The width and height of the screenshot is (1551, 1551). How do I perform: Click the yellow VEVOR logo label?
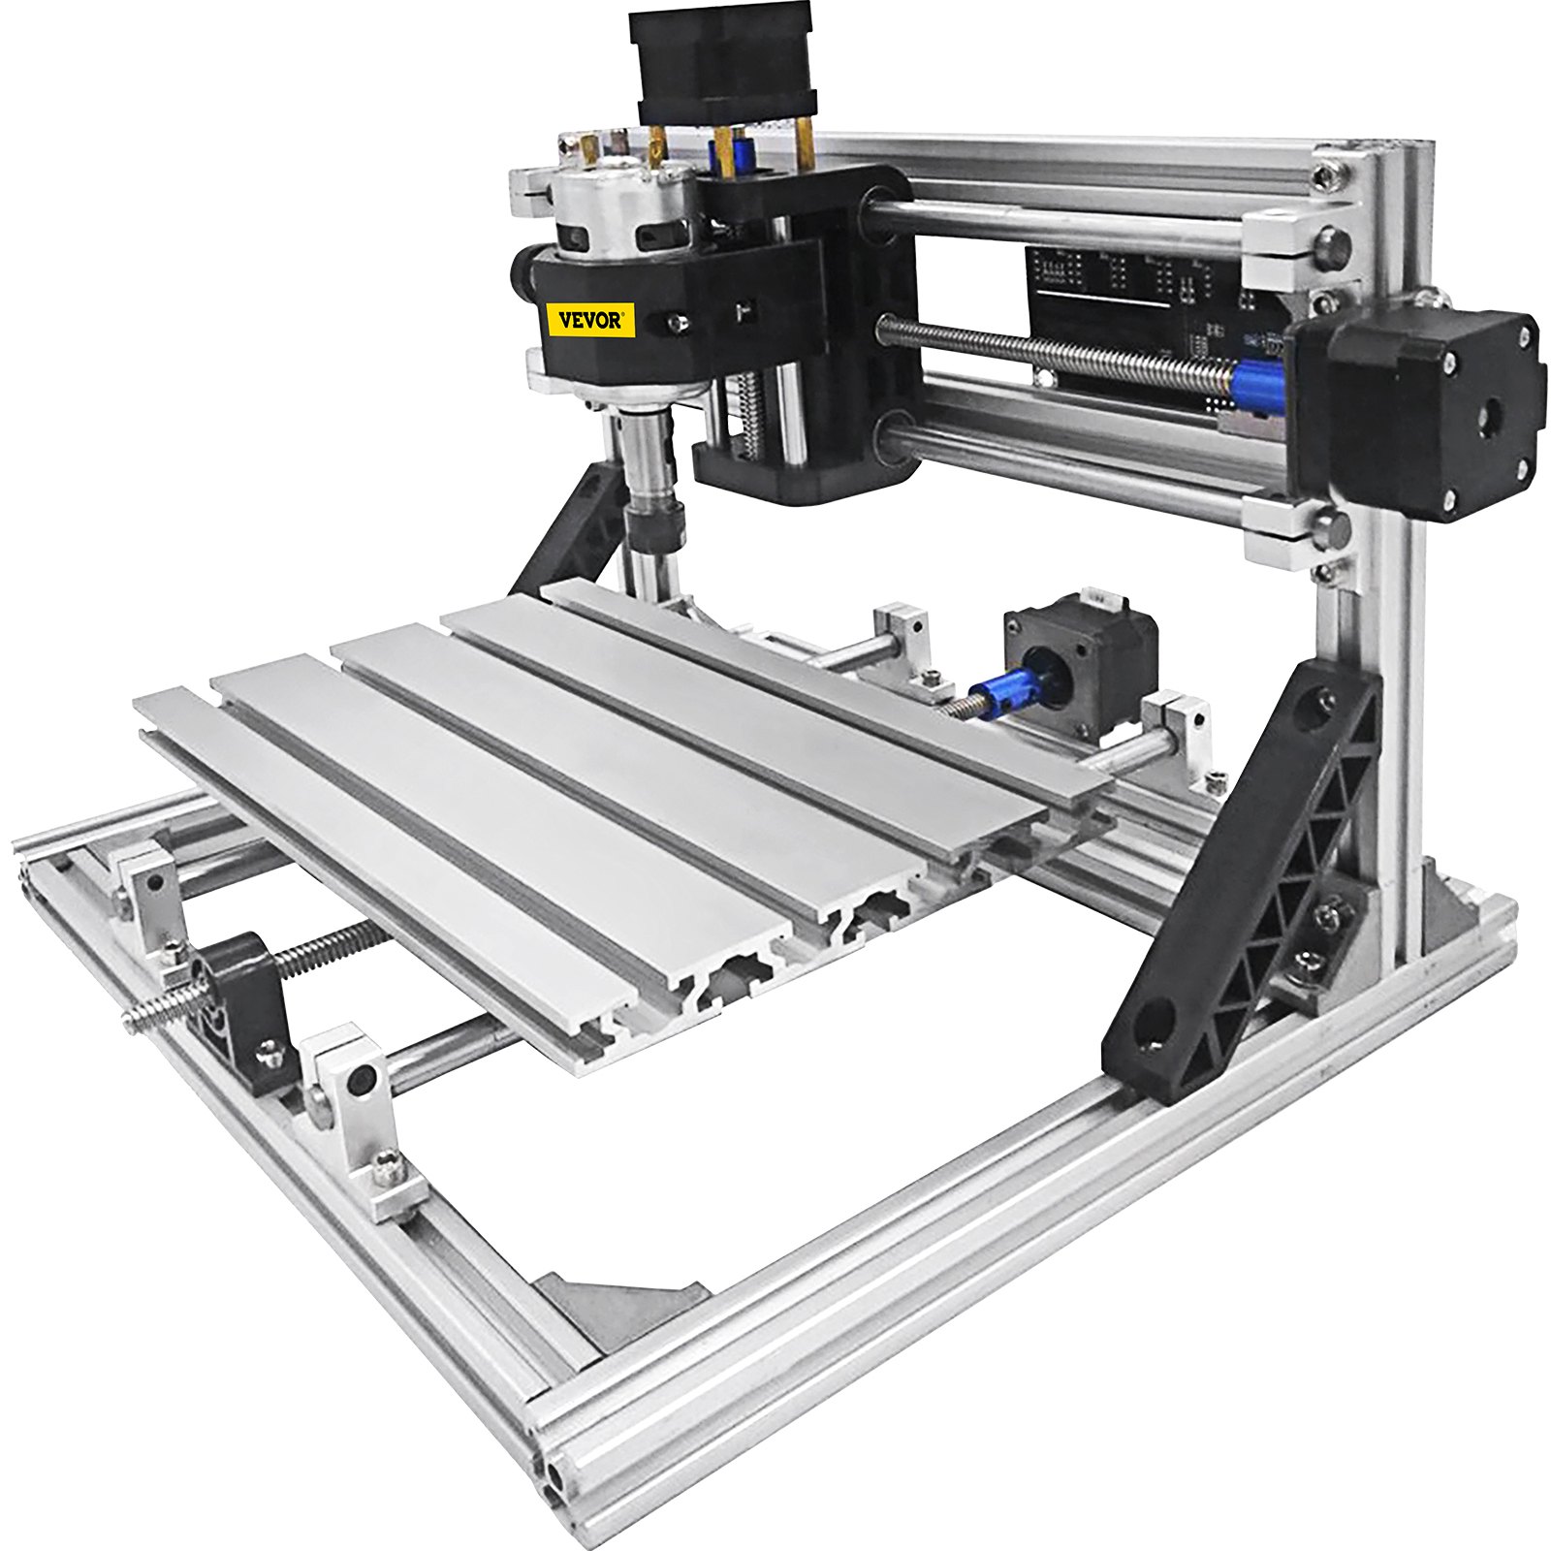pyautogui.click(x=590, y=320)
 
